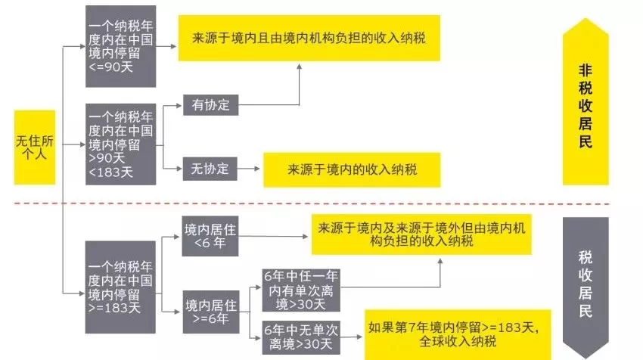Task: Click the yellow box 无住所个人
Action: [35, 147]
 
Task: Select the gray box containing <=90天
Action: [121, 46]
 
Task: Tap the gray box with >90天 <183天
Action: [121, 144]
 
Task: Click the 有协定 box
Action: [210, 104]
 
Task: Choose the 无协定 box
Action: [210, 169]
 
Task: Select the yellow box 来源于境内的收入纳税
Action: [352, 169]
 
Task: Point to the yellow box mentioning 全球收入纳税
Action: [453, 335]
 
